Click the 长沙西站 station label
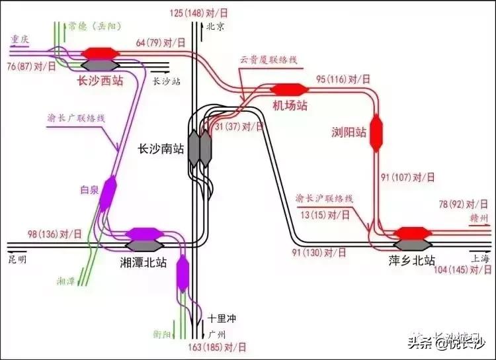100,81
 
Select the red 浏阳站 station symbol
378,132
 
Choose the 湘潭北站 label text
144,263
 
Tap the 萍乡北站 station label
412,260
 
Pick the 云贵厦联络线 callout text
269,60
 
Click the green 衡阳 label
179,333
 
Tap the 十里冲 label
222,318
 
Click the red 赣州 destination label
481,217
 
